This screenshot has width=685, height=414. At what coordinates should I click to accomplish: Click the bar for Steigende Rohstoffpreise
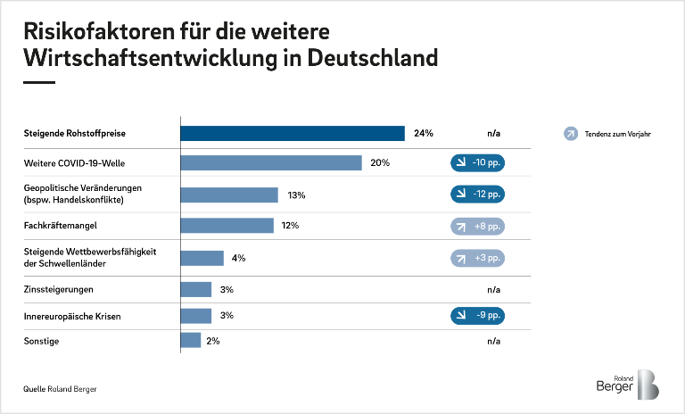pos(293,134)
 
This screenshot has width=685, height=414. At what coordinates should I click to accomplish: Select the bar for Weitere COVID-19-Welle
pos(271,162)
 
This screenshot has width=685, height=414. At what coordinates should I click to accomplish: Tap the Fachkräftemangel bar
pos(227,226)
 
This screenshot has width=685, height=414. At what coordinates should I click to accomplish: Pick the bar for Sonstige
pos(191,341)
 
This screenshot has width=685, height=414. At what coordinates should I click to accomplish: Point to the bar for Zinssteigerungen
pos(196,290)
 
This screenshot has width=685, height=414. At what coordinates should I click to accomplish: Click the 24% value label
pos(424,134)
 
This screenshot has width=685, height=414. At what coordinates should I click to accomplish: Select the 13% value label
pos(297,195)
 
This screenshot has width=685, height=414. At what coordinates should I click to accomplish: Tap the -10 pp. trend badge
pos(477,162)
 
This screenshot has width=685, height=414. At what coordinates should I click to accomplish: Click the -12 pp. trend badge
pos(477,194)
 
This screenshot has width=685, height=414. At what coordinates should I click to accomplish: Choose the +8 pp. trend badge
pos(477,226)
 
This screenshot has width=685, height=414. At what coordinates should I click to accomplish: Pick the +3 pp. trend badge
pos(477,258)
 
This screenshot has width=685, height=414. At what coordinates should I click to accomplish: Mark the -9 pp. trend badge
pos(477,315)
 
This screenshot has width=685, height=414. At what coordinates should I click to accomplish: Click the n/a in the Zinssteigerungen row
pos(493,290)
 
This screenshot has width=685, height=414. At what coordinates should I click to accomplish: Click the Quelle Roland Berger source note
pos(60,390)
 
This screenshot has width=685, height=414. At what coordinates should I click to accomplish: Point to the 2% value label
pos(212,341)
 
